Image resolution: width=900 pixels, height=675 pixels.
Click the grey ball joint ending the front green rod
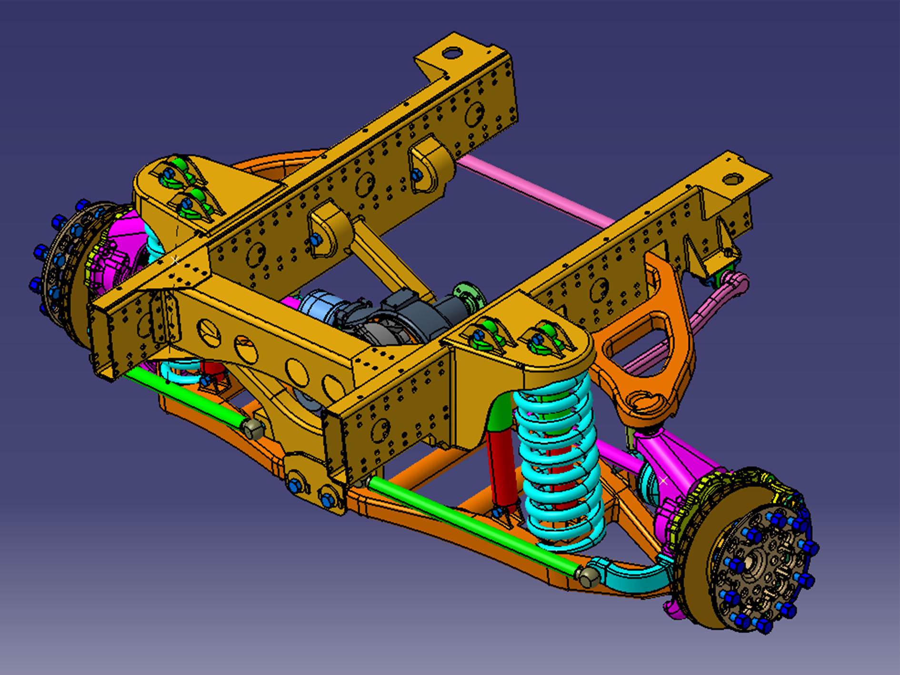coord(590,577)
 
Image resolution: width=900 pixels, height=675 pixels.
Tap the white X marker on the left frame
coord(175,261)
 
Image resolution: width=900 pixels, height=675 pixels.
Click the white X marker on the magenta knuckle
coord(663,481)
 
